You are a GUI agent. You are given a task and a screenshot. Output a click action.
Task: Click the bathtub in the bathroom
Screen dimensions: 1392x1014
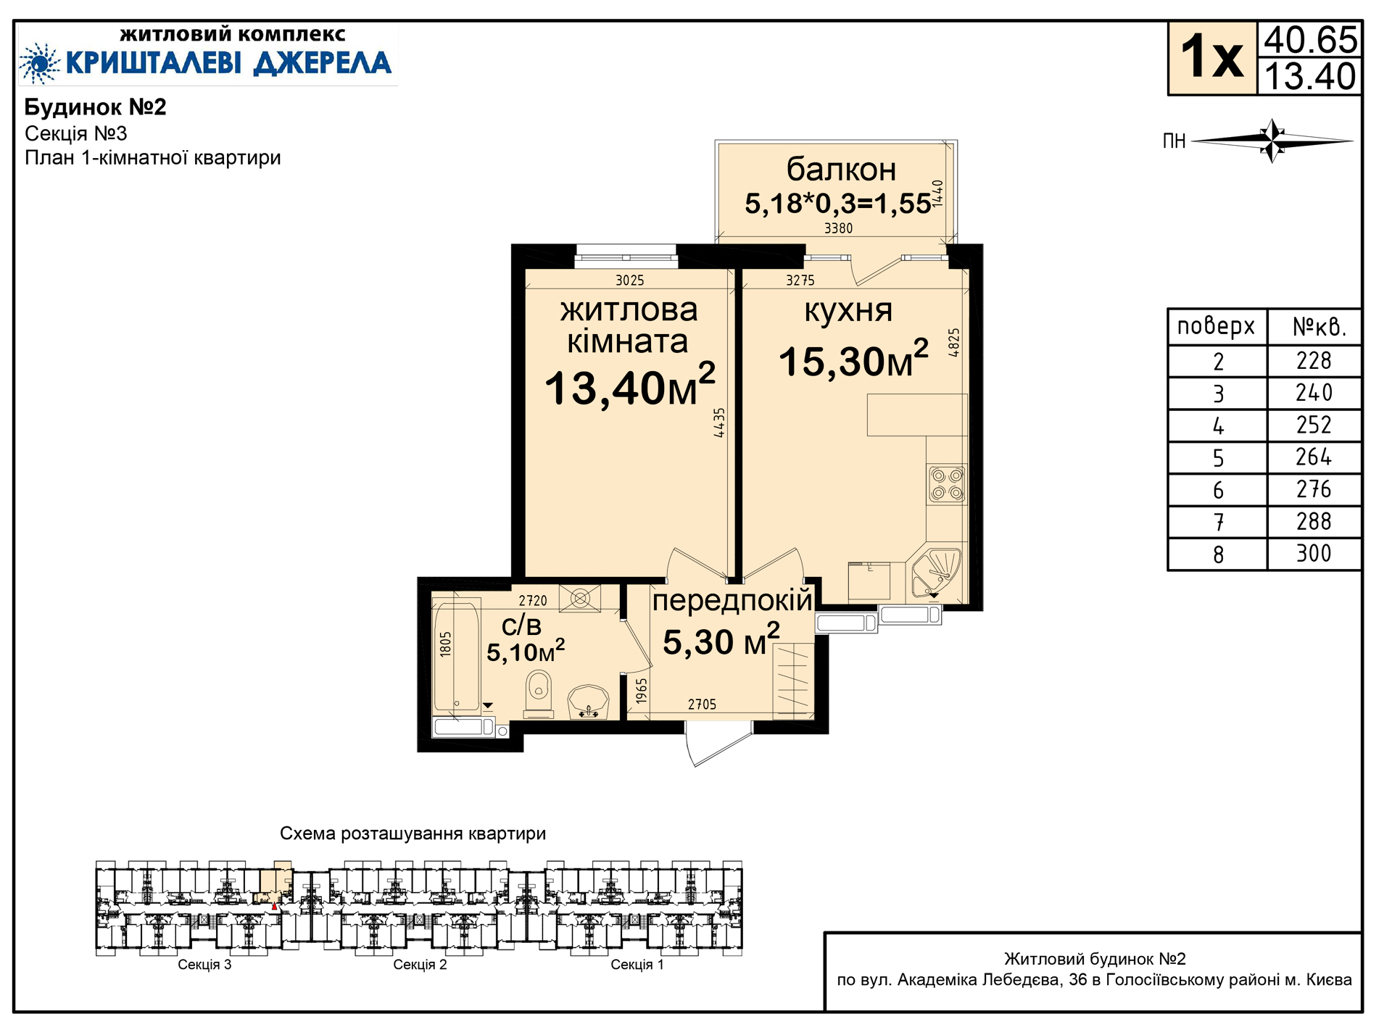[x=456, y=654]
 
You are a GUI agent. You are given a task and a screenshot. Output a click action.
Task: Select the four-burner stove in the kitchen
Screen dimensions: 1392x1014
[x=947, y=485]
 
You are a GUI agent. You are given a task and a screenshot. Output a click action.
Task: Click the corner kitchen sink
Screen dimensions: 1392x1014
[x=936, y=572]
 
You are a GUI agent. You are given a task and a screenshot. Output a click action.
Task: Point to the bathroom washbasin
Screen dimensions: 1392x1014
[x=588, y=702]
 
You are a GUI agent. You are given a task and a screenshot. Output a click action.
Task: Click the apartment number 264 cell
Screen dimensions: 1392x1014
[x=1313, y=457]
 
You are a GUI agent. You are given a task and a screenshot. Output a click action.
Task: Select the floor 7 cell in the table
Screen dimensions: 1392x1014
[x=1218, y=522]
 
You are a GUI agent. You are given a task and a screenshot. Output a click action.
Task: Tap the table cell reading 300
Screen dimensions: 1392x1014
[x=1313, y=554]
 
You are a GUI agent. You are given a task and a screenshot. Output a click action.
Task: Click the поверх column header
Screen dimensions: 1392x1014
[x=1216, y=326]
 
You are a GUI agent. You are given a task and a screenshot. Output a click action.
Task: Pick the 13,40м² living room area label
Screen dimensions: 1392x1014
[x=630, y=386]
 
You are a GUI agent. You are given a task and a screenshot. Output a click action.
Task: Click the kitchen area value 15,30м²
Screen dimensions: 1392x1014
[x=853, y=360]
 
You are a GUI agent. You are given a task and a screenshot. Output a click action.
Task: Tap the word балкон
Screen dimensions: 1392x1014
[x=841, y=170]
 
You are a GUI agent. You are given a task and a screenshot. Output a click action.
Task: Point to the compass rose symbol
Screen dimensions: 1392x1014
[x=1272, y=141]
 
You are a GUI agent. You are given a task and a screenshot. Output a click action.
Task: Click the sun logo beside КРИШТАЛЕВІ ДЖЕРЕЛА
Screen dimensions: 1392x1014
[x=40, y=64]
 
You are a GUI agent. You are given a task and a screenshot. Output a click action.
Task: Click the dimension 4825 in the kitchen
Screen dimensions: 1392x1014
[x=954, y=342]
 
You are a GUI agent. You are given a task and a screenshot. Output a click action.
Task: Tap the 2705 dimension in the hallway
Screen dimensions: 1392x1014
[x=702, y=705]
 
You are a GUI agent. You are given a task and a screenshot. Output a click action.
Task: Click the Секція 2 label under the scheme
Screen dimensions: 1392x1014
[x=420, y=965]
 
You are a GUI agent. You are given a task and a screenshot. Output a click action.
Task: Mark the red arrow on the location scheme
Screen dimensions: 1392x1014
[x=274, y=906]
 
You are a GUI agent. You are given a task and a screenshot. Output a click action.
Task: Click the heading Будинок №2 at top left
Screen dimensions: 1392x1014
[x=96, y=107]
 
